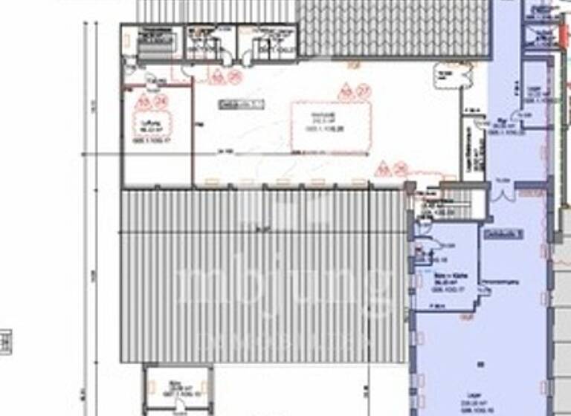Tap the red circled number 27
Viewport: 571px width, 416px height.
pos(364,91)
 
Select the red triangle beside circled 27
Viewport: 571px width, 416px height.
pos(345,93)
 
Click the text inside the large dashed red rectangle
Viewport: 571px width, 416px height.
pos(332,120)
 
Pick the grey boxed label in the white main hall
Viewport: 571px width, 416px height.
pos(241,105)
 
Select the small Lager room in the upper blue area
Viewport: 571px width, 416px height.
pos(535,93)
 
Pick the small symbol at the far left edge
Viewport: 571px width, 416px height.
pos(5,342)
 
